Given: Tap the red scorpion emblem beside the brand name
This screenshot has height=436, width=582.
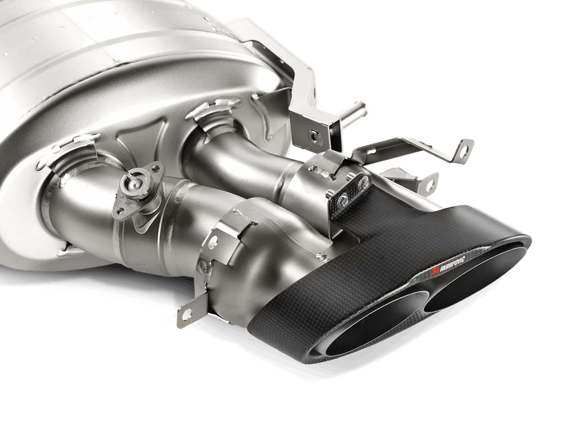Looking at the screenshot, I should tap(432, 272).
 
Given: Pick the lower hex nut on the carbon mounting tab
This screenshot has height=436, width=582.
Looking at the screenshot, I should tap(343, 200).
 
